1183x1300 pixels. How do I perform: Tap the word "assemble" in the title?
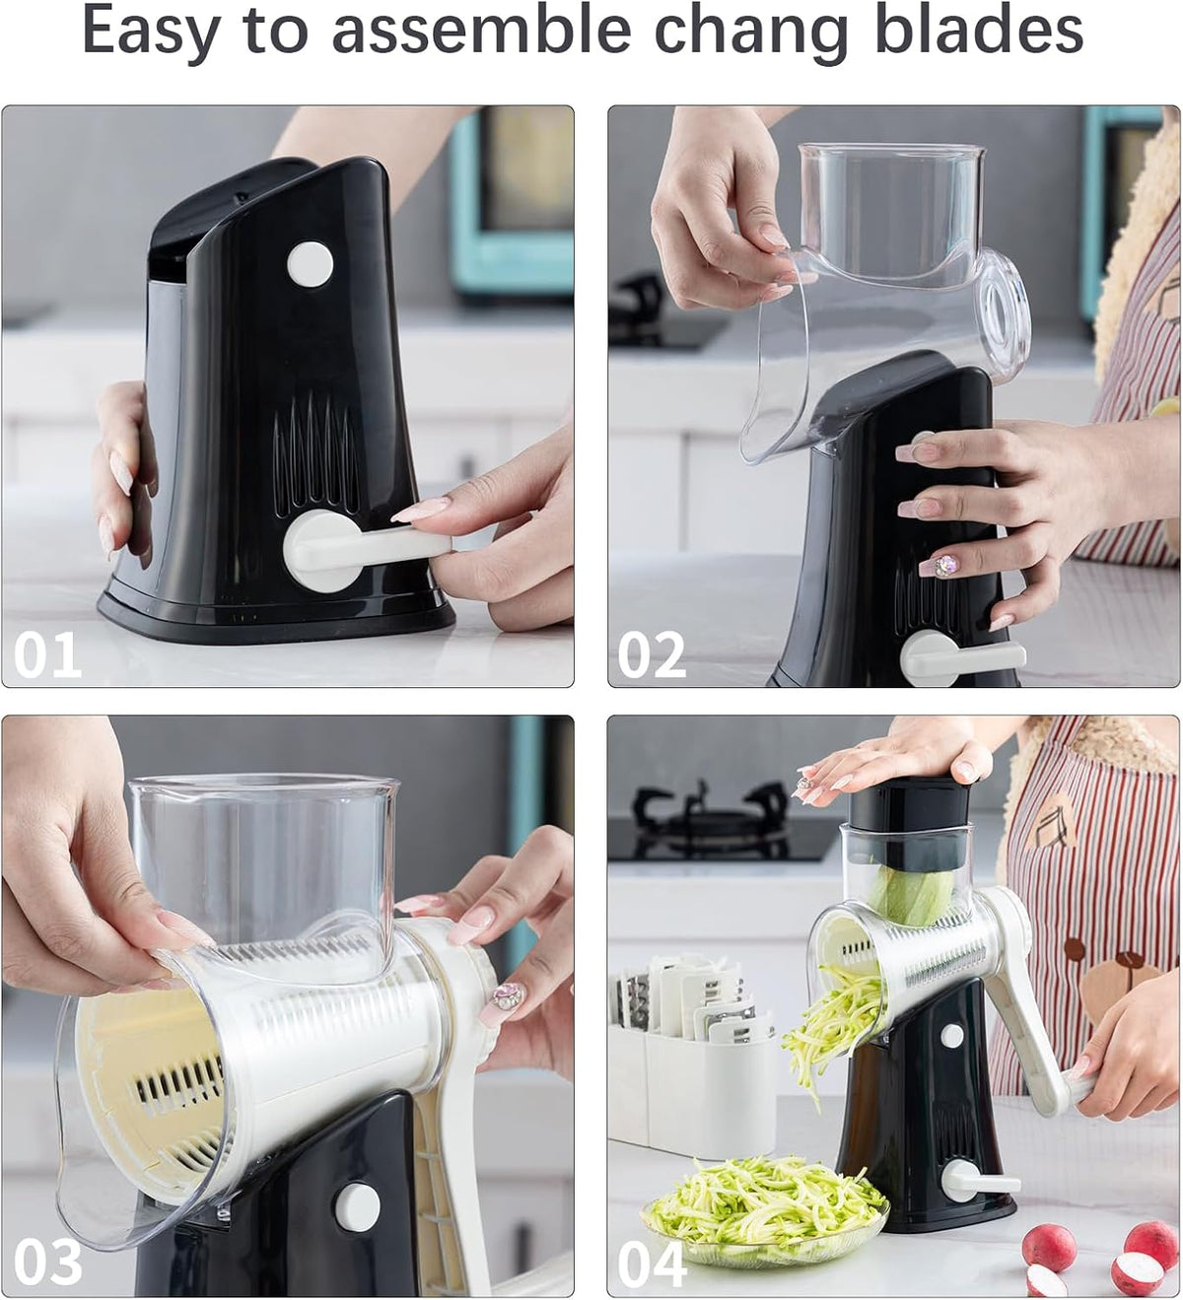481,30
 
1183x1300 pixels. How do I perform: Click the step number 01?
47,655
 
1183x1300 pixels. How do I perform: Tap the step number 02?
652,655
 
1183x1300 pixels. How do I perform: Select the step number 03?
47,1264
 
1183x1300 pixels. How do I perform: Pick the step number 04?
652,1264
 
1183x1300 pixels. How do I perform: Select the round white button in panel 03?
357,1205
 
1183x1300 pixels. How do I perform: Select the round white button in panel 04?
951,1035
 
